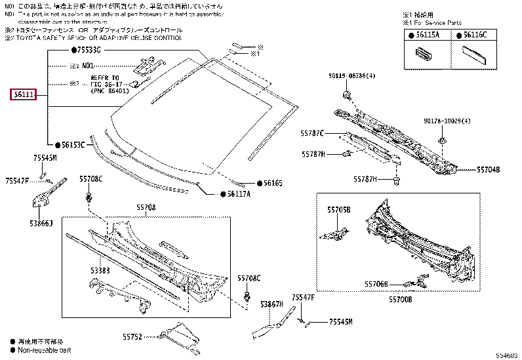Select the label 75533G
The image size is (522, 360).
[x=88, y=50]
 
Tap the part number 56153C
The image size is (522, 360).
[x=73, y=144]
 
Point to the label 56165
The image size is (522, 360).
[x=272, y=183]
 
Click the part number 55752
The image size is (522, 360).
[x=132, y=336]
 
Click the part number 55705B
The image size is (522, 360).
[x=339, y=210]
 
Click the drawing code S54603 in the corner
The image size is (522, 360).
[x=506, y=355]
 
